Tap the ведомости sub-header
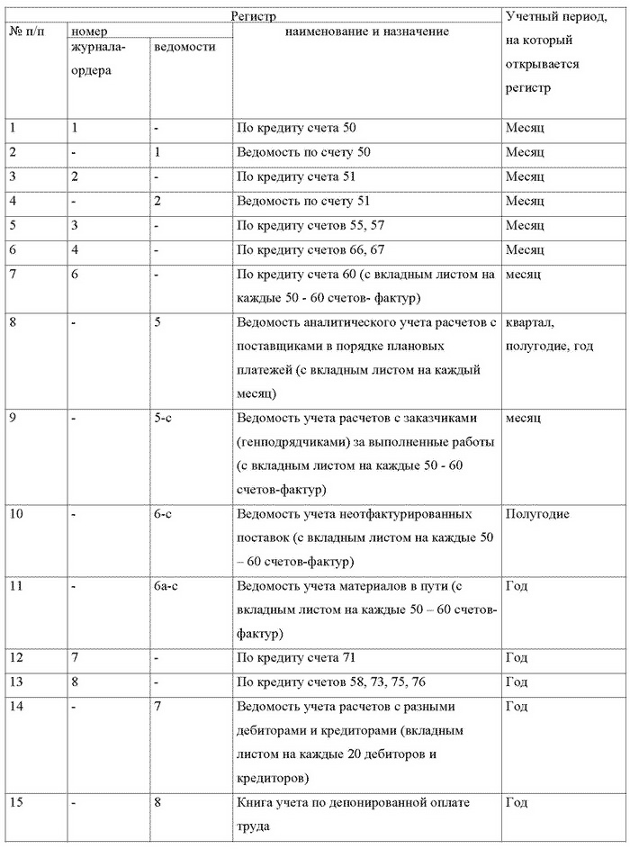click(184, 47)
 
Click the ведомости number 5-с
click(163, 420)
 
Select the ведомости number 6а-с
click(166, 587)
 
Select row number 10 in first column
click(15, 514)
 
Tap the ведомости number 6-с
click(163, 514)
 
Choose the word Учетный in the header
click(530, 17)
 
